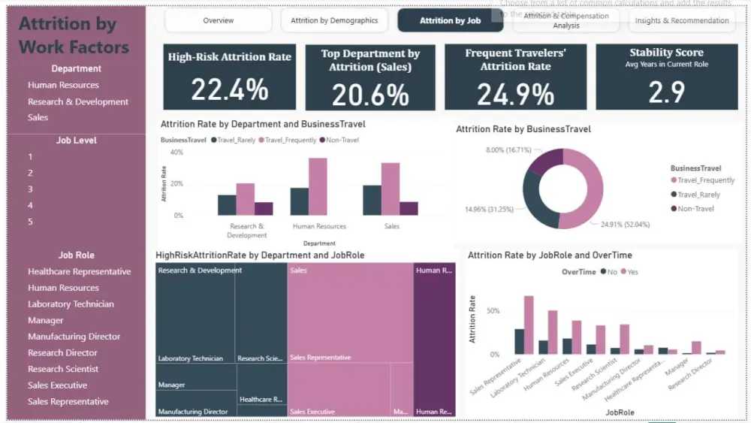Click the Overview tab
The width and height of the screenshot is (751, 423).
[218, 20]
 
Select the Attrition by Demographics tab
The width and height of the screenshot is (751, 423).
[334, 20]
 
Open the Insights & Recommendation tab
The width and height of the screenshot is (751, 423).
[682, 20]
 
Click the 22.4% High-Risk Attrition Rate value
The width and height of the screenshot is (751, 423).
[229, 90]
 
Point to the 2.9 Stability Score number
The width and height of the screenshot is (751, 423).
[666, 92]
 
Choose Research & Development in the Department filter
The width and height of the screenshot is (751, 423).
[78, 101]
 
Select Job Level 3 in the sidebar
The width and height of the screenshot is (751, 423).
[31, 189]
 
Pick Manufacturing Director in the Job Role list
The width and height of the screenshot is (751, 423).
[74, 337]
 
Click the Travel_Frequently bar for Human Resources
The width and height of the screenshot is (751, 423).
[318, 186]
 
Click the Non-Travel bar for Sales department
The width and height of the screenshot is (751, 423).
[409, 208]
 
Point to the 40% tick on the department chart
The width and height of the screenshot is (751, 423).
[177, 153]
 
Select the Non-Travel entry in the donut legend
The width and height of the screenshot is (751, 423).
[695, 209]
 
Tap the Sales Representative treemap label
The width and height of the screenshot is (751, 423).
[320, 358]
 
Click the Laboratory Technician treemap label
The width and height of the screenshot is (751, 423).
[190, 358]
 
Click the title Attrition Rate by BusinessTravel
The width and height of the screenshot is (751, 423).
[523, 129]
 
